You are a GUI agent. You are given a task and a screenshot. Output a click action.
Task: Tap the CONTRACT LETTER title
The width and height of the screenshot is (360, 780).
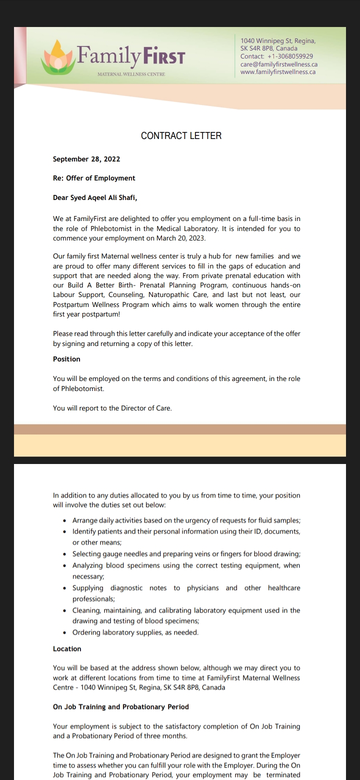click(181, 135)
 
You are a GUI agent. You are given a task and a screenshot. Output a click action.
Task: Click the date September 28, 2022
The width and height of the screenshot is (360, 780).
click(86, 159)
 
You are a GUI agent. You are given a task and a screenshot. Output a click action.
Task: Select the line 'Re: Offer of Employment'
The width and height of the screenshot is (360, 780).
click(94, 178)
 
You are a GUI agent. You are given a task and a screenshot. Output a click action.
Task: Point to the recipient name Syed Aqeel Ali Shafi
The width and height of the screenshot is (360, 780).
click(103, 197)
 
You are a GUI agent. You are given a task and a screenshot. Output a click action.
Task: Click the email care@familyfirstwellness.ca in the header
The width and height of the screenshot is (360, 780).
click(279, 64)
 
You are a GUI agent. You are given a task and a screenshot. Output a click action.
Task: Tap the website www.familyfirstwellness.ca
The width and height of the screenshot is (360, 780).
click(278, 72)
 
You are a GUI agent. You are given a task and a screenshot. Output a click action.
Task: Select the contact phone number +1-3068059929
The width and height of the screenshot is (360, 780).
click(290, 56)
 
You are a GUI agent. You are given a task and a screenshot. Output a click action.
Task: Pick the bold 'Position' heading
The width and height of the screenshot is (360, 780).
click(66, 359)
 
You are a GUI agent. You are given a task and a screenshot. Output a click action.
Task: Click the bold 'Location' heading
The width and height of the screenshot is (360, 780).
click(67, 648)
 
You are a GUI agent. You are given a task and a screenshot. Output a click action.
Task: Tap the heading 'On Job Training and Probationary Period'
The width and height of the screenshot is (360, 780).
click(121, 706)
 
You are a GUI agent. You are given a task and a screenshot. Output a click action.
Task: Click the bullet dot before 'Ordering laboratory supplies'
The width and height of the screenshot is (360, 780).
click(65, 632)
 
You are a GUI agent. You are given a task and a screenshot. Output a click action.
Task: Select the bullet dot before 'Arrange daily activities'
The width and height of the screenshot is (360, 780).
click(65, 520)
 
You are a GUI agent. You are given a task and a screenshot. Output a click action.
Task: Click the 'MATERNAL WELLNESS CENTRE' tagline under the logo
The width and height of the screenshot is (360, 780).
click(131, 74)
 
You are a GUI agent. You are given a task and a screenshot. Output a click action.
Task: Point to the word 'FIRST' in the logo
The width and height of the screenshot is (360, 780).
click(164, 57)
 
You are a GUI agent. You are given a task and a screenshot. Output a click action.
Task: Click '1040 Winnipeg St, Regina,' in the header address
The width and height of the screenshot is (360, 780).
click(278, 41)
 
